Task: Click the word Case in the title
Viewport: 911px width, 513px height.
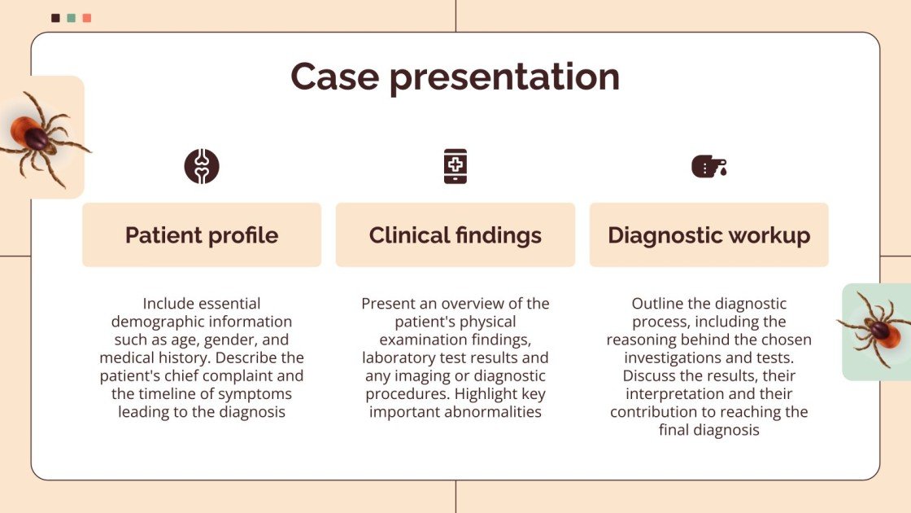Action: (x=333, y=77)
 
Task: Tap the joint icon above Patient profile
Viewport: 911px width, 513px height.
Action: (x=202, y=166)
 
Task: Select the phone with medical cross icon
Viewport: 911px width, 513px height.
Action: (x=455, y=166)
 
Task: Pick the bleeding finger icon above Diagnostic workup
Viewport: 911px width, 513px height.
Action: (x=708, y=166)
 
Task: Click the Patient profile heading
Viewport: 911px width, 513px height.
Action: (x=202, y=235)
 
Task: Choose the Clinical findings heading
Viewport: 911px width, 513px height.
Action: (x=455, y=235)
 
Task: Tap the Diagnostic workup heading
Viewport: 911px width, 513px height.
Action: (x=708, y=235)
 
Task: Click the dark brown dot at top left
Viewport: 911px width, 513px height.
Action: (x=55, y=18)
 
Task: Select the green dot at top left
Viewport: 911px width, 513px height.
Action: (x=72, y=18)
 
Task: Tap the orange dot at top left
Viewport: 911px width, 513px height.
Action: (x=87, y=18)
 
